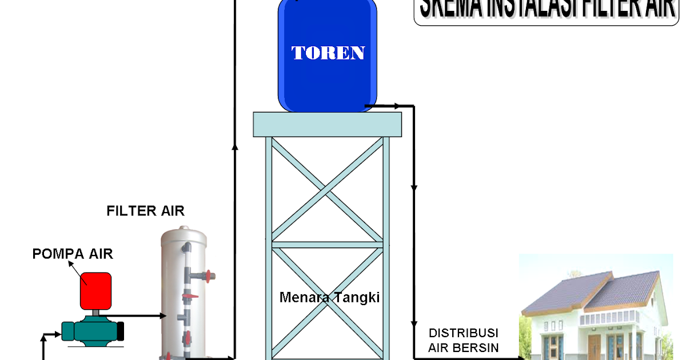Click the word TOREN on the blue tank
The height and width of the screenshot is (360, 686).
click(x=328, y=53)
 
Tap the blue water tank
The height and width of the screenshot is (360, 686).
click(x=328, y=80)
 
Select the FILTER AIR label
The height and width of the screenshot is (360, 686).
click(x=146, y=211)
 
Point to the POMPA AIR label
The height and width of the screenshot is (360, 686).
click(x=73, y=254)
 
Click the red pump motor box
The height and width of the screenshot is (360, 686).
click(x=95, y=289)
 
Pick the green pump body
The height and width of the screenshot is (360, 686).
click(x=91, y=330)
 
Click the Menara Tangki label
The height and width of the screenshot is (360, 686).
click(x=330, y=297)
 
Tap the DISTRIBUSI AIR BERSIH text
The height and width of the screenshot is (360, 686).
click(x=464, y=340)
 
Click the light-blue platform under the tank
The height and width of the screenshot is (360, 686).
click(x=327, y=124)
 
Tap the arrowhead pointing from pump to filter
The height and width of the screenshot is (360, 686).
click(x=159, y=315)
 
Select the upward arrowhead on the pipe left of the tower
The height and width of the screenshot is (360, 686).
click(x=234, y=146)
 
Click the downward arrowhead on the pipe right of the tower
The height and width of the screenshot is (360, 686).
click(x=414, y=188)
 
